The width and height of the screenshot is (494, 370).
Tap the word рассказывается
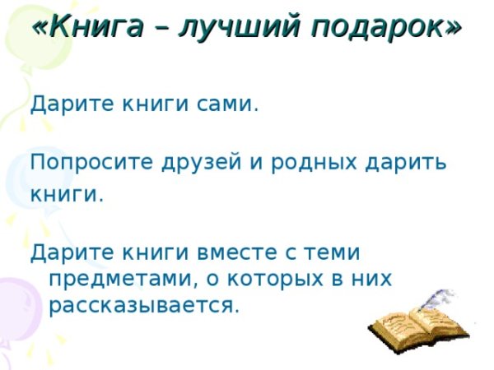pos(144,306)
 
